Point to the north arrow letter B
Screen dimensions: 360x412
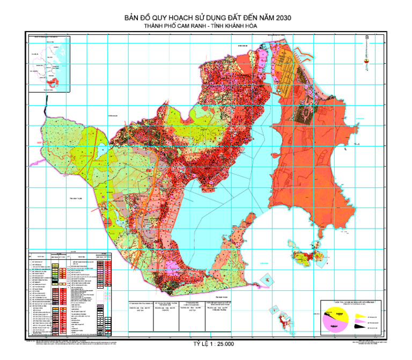pos(366,38)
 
